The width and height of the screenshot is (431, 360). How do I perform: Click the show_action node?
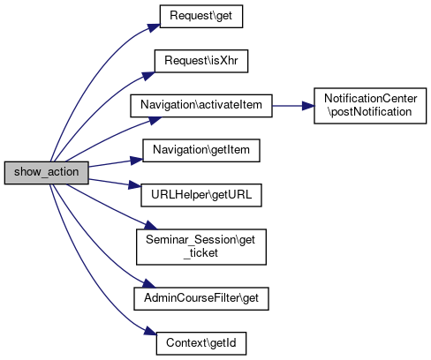click(x=47, y=173)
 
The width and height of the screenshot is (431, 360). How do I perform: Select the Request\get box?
click(x=201, y=17)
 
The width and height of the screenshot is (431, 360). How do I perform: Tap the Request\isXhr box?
click(x=201, y=61)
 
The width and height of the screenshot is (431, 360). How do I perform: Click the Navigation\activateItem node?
click(x=201, y=106)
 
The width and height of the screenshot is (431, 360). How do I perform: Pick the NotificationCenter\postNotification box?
click(x=370, y=106)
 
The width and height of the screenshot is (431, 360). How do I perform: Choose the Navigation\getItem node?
click(x=201, y=151)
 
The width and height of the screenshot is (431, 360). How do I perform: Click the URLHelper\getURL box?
click(x=201, y=195)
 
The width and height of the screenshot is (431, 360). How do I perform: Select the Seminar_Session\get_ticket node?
click(x=201, y=247)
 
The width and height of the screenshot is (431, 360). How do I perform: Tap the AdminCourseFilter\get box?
click(x=201, y=298)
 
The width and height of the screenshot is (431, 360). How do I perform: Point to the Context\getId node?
click(x=201, y=343)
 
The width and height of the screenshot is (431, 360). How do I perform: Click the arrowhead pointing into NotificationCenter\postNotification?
click(x=308, y=106)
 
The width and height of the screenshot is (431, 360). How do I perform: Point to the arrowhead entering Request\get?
click(x=154, y=27)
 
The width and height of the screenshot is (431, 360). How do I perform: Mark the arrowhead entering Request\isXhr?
click(x=149, y=76)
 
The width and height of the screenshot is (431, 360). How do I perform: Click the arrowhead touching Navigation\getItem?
click(x=137, y=161)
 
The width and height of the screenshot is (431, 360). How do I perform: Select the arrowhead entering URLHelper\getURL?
click(x=135, y=185)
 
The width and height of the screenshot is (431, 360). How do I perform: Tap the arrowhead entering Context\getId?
click(x=150, y=331)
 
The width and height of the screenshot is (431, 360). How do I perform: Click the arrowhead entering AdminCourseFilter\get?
click(x=149, y=283)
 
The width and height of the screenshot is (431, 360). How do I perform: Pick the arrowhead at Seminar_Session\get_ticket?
click(x=151, y=225)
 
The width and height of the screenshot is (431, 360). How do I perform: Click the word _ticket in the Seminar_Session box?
click(x=200, y=253)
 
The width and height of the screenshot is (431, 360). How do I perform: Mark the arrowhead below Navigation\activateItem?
click(x=155, y=120)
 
